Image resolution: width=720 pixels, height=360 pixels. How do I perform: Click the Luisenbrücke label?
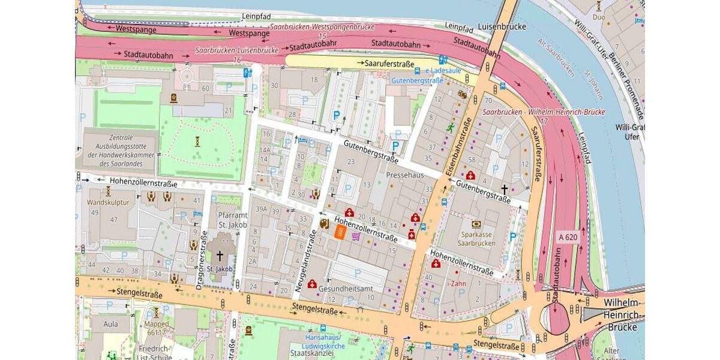pyautogui.click(x=502, y=26)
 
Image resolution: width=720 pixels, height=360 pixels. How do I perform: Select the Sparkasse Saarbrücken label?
pyautogui.click(x=476, y=239)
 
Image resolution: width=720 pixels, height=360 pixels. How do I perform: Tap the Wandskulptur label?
pyautogui.click(x=108, y=202)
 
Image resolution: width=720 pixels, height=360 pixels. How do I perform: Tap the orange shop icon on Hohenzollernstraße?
pyautogui.click(x=340, y=233)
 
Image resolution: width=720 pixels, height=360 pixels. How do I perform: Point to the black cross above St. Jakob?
pyautogui.click(x=220, y=256)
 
